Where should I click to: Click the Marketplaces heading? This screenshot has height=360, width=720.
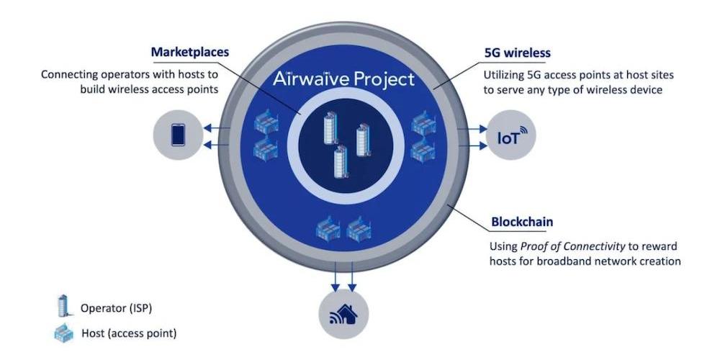click(x=190, y=52)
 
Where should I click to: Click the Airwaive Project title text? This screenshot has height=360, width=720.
click(x=344, y=78)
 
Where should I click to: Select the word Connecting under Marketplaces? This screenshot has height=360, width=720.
click(x=70, y=75)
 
